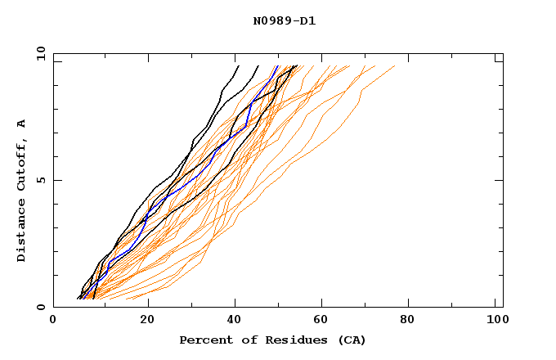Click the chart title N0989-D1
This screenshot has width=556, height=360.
click(x=284, y=21)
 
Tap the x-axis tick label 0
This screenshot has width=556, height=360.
click(x=53, y=322)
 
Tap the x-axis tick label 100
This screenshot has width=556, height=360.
click(x=495, y=322)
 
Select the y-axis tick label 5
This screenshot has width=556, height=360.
click(x=40, y=180)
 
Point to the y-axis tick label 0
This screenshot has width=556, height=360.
click(x=40, y=307)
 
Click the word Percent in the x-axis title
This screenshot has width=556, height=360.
click(x=205, y=340)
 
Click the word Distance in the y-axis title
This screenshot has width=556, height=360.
click(x=22, y=230)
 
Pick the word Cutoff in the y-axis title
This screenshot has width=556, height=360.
click(x=22, y=164)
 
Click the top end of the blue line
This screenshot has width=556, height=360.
click(x=277, y=66)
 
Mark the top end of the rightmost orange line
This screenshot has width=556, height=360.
click(x=394, y=66)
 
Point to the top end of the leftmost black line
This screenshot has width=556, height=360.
click(x=238, y=66)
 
